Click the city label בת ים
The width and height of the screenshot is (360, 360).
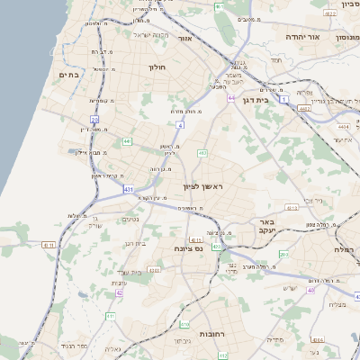(68, 75)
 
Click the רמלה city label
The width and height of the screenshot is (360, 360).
(345, 248)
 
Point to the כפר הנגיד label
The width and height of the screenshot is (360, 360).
(75, 345)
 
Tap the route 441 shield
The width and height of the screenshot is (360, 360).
(127, 141)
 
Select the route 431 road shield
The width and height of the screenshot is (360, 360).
(129, 190)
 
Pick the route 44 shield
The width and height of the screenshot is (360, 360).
(231, 97)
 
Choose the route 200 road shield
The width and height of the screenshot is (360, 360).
(283, 255)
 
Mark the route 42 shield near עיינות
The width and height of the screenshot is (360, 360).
(119, 292)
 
